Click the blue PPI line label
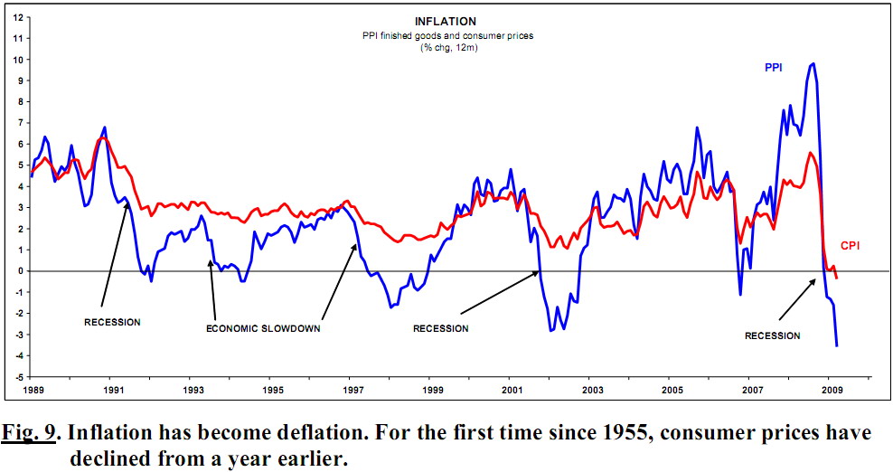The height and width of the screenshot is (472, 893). coord(774,68)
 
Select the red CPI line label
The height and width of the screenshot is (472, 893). coord(851,245)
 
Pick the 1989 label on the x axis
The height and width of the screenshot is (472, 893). coord(33,391)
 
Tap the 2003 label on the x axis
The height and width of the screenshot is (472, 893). coord(591,391)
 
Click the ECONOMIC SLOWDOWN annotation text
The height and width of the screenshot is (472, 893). coord(264,328)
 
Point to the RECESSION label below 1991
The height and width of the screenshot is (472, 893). coord(112,322)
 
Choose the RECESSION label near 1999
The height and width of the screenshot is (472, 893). coord(440,328)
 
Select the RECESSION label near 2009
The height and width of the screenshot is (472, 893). coord(772,335)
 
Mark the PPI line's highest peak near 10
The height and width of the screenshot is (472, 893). coord(813,63)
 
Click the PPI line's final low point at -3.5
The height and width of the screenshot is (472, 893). coord(837,345)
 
